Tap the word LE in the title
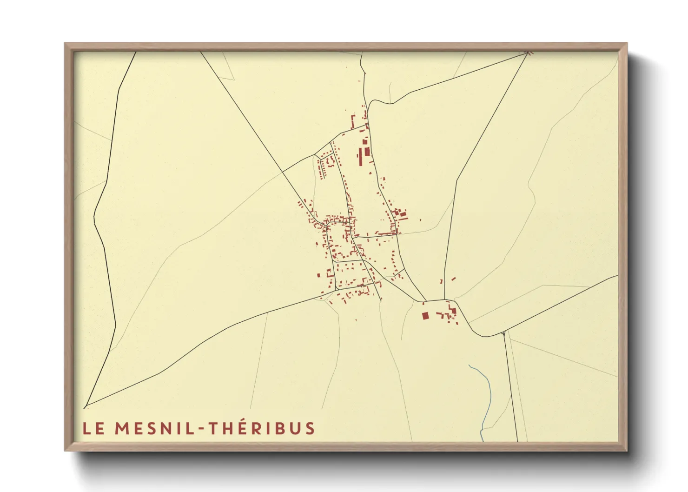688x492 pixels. coord(93,428)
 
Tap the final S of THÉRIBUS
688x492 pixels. coord(310,428)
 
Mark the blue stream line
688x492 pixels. coord(486,395)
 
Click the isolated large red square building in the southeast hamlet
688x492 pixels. coord(425,316)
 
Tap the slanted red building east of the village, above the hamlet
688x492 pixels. coord(453,279)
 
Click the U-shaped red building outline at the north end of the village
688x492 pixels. coord(353,121)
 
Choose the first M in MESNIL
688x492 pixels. coord(122,428)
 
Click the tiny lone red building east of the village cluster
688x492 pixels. coord(421,220)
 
